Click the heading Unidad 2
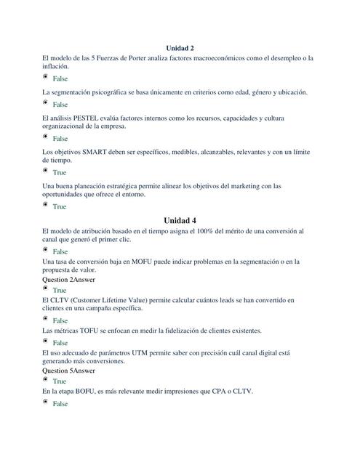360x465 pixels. [x=180, y=47]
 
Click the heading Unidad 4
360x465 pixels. [x=180, y=220]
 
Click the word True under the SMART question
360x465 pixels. [x=59, y=173]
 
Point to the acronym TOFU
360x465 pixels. [x=85, y=331]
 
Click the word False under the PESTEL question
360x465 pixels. [x=60, y=139]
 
